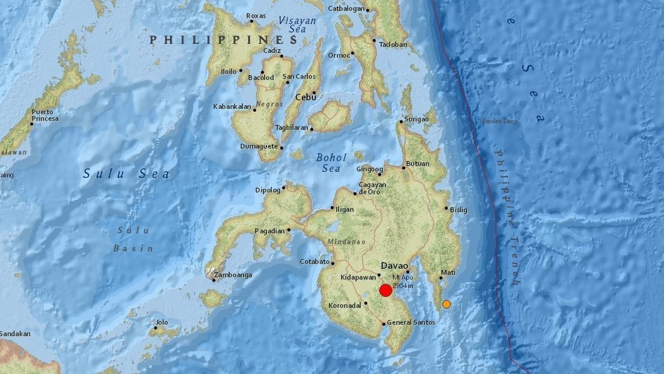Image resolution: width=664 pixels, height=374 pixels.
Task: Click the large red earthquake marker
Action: [x=386, y=290]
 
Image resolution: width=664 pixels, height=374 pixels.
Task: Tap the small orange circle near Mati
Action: [x=446, y=304]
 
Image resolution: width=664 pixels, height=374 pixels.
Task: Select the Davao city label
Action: [x=395, y=265]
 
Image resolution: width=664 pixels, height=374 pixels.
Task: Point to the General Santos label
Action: [x=407, y=323]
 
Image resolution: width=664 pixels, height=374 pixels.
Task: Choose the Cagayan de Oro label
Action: [x=372, y=188]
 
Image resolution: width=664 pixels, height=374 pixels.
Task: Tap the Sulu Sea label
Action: [x=126, y=174]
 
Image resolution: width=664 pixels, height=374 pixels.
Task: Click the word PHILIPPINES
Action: [x=224, y=40]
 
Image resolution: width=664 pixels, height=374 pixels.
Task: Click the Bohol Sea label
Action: [x=331, y=163]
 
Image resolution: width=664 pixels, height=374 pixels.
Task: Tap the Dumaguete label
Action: [x=259, y=146]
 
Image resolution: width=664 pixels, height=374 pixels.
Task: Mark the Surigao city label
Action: [x=416, y=119]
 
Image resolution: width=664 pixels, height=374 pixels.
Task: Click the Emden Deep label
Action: [x=499, y=121]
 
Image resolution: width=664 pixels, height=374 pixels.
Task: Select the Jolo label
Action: [x=161, y=322]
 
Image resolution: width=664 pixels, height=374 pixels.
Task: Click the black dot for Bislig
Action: [x=446, y=209]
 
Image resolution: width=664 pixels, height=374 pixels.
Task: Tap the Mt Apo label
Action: [x=404, y=278]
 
